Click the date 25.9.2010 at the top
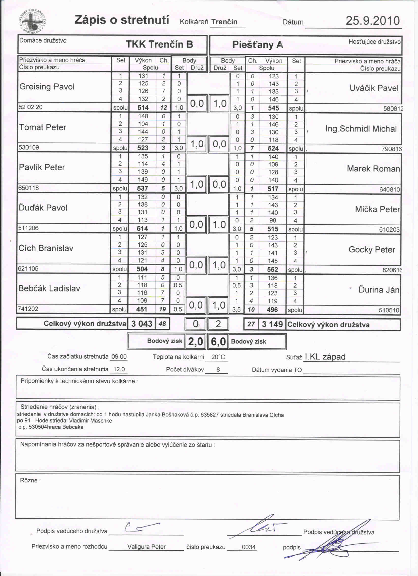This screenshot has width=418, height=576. [x=373, y=21]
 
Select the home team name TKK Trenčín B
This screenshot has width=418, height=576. [x=159, y=44]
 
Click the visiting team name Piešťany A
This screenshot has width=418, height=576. [x=257, y=45]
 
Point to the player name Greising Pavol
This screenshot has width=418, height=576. [x=47, y=87]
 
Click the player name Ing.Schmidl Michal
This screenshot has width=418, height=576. [x=361, y=129]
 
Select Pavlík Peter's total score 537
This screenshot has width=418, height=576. [x=142, y=188]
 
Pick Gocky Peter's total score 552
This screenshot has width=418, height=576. [x=272, y=270]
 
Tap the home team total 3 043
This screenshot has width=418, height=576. [x=142, y=323]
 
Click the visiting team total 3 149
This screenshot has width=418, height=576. [x=272, y=324]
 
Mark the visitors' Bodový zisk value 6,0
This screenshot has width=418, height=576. [x=218, y=342]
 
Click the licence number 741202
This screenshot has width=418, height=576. [x=28, y=308]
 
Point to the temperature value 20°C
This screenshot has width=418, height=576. [x=218, y=357]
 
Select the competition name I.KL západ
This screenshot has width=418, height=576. [x=325, y=356]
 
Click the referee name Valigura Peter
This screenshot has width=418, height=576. [x=146, y=546]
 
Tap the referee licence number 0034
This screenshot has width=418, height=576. [x=248, y=547]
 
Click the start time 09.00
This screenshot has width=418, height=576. [x=119, y=356]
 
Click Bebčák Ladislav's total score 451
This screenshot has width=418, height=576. [x=141, y=309]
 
